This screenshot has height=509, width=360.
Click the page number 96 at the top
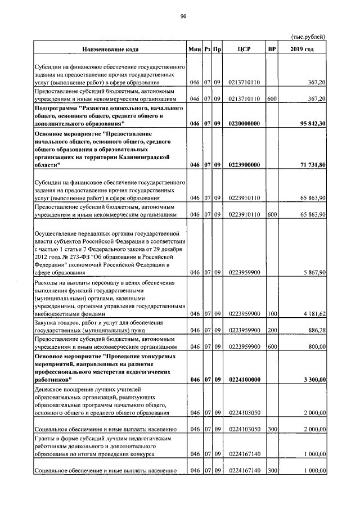[183, 16]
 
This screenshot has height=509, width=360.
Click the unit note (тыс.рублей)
[308, 37]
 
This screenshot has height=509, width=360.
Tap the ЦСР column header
[244, 49]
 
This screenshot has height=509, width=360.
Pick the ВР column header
[272, 49]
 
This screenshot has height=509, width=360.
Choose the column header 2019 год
[302, 49]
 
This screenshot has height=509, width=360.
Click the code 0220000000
[244, 123]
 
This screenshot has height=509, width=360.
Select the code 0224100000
[244, 380]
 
